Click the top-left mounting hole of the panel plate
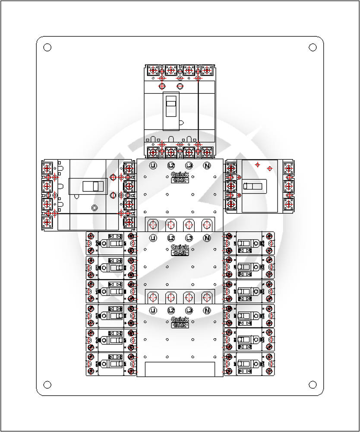click(x=47, y=47)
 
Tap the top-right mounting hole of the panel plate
click(x=313, y=47)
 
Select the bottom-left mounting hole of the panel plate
click(x=47, y=384)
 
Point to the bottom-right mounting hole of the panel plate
click(x=313, y=384)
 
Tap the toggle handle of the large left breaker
click(x=93, y=186)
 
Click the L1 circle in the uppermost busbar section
click(x=153, y=165)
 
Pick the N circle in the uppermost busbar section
click(x=207, y=165)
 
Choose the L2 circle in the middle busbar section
click(x=171, y=238)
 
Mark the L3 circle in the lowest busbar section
click(x=189, y=310)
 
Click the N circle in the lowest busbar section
click(x=207, y=310)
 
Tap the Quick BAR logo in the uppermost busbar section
click(x=180, y=177)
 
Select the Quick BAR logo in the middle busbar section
click(x=180, y=250)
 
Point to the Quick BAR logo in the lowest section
click(x=180, y=322)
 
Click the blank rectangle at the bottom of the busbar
click(x=180, y=369)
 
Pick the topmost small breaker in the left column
click(x=111, y=243)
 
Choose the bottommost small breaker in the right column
click(x=249, y=364)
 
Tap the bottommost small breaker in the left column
click(x=111, y=364)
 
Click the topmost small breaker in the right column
click(x=249, y=243)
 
